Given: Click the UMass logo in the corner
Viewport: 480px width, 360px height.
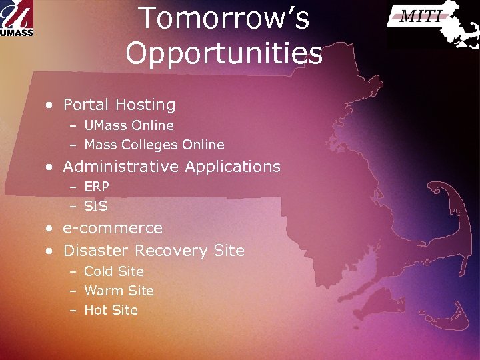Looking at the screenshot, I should (17, 18).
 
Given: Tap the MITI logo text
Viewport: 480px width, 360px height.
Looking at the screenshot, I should (420, 17).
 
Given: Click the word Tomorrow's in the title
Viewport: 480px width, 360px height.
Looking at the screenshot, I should (223, 19).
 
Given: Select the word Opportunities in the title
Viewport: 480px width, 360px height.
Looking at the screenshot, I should (223, 53).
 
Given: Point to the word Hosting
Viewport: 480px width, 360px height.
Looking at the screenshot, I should (145, 105).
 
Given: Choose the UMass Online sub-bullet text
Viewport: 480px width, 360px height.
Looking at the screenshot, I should (129, 125).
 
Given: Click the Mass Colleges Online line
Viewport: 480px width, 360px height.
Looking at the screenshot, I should (154, 145).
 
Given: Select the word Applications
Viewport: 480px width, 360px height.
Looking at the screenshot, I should (233, 166).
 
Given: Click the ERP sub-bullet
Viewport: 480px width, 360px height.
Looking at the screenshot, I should (97, 187).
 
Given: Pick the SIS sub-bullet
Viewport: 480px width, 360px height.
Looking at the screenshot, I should (96, 206).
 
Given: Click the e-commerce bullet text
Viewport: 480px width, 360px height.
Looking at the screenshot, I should (113, 228).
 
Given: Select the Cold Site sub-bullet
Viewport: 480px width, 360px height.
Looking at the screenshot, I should (114, 271).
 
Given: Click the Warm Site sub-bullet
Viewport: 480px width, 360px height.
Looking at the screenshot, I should (119, 291).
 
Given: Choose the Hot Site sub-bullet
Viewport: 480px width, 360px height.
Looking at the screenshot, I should (111, 310).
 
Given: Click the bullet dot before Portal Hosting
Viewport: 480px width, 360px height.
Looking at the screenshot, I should (49, 105).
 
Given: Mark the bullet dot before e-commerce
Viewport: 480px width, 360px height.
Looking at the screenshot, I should (49, 229).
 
